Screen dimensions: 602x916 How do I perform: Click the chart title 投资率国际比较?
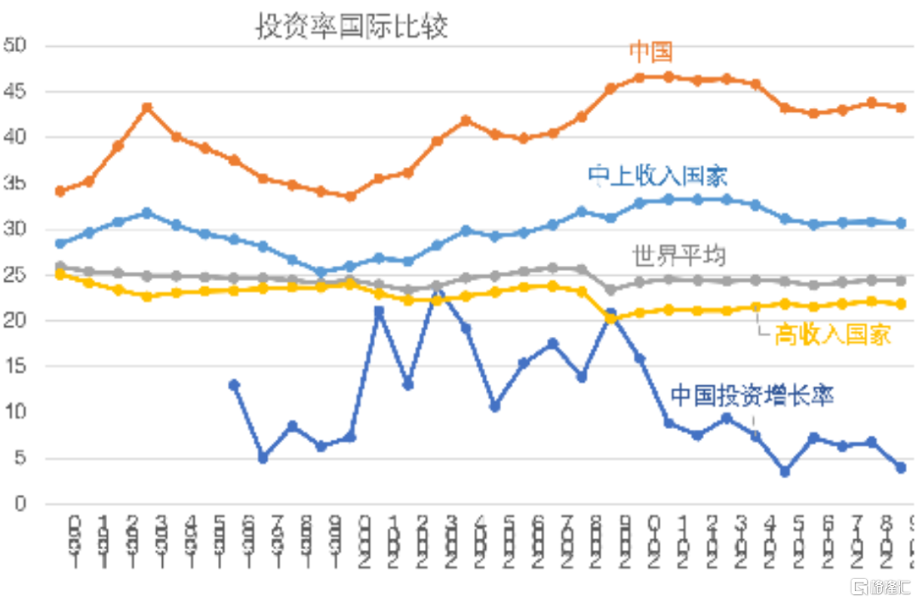352,26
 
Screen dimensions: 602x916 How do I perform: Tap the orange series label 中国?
651,52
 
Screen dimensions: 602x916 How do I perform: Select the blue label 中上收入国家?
658,176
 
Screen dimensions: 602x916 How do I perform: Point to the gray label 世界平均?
679,254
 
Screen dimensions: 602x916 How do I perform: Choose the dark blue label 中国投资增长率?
752,396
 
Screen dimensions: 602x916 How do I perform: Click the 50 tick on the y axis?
16,46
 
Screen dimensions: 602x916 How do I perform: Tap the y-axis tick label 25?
16,275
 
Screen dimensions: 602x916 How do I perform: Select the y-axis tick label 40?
16,138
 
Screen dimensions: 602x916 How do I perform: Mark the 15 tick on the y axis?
16,367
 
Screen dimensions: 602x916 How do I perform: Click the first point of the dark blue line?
234,385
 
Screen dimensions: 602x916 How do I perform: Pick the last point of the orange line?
901,108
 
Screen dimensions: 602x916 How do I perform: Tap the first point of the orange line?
60,191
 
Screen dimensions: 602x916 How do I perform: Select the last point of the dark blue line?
901,468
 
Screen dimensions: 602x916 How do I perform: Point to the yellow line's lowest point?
611,318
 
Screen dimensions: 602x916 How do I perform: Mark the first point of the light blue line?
60,244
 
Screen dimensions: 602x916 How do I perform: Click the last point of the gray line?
901,280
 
